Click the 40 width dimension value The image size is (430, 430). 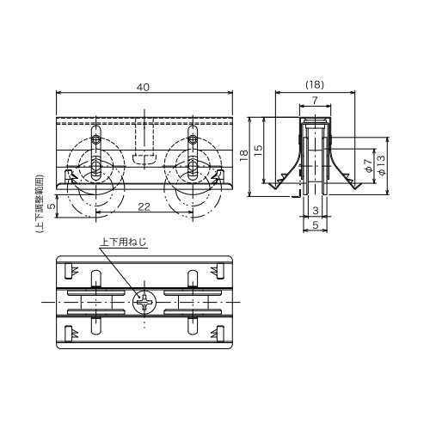pyautogui.click(x=144, y=87)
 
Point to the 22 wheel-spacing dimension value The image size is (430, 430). pyautogui.click(x=144, y=206)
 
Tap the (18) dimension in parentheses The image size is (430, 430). pyautogui.click(x=315, y=84)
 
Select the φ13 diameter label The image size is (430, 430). pyautogui.click(x=382, y=165)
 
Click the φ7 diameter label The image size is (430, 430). pyautogui.click(x=369, y=166)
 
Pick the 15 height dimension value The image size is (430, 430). pyautogui.click(x=258, y=150)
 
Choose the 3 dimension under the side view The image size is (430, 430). pyautogui.click(x=316, y=211)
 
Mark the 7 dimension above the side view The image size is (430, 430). pyautogui.click(x=315, y=101)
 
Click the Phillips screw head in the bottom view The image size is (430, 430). pyautogui.click(x=144, y=303)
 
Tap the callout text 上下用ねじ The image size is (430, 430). pyautogui.click(x=123, y=243)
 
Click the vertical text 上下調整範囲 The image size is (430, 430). pyautogui.click(x=40, y=203)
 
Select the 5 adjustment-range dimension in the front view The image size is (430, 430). pyautogui.click(x=52, y=206)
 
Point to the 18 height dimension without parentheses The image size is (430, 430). pyautogui.click(x=244, y=157)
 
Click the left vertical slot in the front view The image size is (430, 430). pyautogui.click(x=96, y=153)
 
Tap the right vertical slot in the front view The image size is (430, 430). pyautogui.click(x=193, y=153)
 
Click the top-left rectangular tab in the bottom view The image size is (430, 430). pyautogui.click(x=69, y=271)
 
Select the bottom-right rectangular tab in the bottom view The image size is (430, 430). pyautogui.click(x=220, y=334)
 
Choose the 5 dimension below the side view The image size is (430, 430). pyautogui.click(x=316, y=225)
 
